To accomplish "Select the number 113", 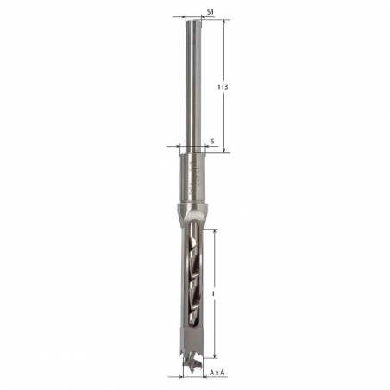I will (222, 87).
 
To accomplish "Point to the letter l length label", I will (212, 292).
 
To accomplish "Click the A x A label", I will (219, 372).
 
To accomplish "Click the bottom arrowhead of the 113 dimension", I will (225, 150).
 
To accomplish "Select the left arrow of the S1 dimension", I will (183, 16).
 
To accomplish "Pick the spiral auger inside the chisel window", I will (193, 276).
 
